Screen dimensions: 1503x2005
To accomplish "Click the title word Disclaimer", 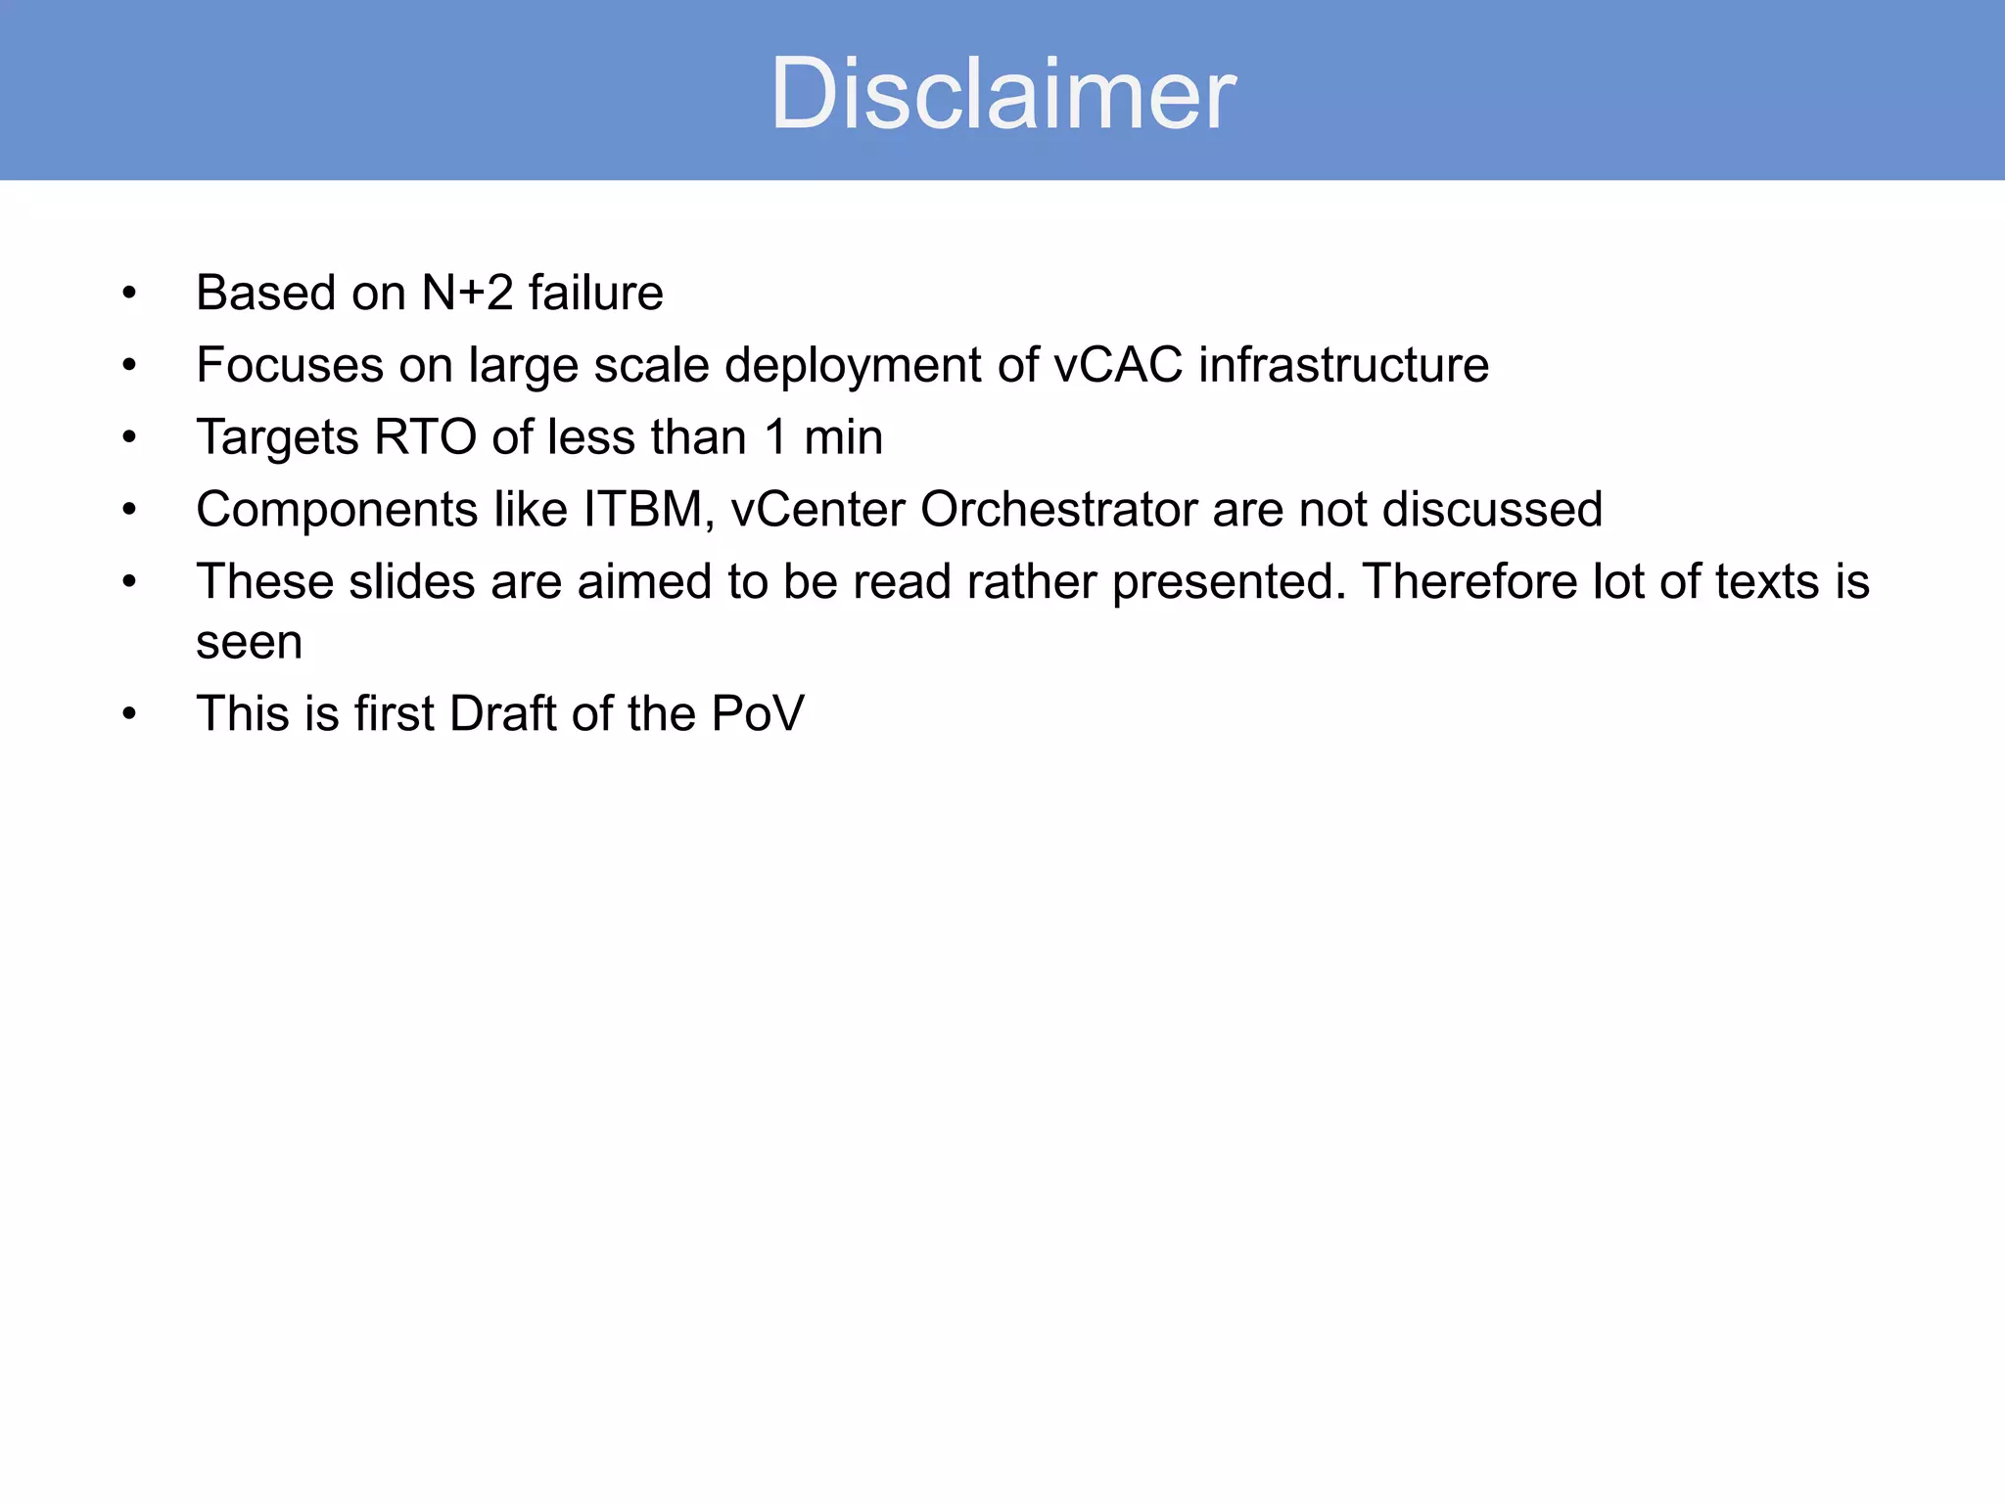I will [x=1002, y=94].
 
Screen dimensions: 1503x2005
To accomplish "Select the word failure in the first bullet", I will [x=595, y=293].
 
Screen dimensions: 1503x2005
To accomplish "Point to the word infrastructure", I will [x=1343, y=365].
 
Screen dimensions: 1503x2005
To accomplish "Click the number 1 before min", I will [x=775, y=436].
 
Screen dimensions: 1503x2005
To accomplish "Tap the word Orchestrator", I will [x=1058, y=509].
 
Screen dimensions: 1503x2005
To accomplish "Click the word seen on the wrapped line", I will [x=250, y=643].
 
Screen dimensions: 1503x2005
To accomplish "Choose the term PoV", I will [x=757, y=713].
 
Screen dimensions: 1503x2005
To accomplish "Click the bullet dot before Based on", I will [x=129, y=293].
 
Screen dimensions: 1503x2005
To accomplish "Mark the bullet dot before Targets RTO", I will [x=129, y=437].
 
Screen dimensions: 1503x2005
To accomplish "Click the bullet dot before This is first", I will [x=129, y=713].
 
